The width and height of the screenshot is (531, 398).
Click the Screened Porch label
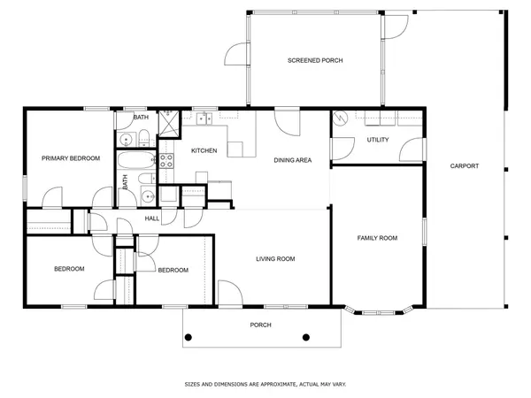[x=314, y=60]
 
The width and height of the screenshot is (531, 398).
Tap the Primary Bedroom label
[x=71, y=158]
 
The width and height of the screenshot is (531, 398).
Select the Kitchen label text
[x=204, y=150]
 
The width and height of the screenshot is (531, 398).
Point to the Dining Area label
[x=292, y=160]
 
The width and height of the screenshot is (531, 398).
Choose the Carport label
[x=464, y=166]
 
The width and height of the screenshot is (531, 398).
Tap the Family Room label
[x=376, y=238]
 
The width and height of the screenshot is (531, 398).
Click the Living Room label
[x=275, y=259]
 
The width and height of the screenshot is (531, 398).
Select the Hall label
[x=151, y=218]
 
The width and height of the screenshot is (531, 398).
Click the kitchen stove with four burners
[x=165, y=160]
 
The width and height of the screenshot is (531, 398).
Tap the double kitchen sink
[x=203, y=118]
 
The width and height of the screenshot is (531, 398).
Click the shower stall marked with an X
[x=165, y=134]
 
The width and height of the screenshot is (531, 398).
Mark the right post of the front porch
[x=307, y=337]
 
